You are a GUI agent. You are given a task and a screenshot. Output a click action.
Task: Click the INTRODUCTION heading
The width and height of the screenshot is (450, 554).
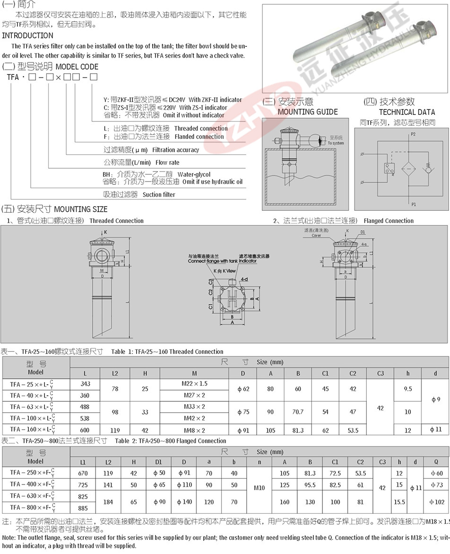[28, 35]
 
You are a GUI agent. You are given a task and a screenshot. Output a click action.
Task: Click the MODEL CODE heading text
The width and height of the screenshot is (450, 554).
[77, 67]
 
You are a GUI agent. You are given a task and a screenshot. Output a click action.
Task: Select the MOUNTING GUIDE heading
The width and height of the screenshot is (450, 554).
[308, 112]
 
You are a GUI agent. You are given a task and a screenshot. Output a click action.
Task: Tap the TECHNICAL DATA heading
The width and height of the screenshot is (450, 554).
[407, 112]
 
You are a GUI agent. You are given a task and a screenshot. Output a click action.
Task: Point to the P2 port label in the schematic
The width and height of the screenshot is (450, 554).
[413, 135]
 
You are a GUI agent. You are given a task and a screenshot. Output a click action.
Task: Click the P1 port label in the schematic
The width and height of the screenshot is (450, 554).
[413, 205]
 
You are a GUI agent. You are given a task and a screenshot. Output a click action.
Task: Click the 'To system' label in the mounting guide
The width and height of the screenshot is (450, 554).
[336, 143]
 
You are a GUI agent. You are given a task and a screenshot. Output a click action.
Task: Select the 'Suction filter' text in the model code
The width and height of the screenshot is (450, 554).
[159, 194]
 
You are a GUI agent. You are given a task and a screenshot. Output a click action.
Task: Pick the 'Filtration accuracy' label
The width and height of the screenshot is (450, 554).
[175, 150]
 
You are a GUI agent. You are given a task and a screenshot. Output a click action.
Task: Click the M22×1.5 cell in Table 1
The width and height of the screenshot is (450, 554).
[194, 384]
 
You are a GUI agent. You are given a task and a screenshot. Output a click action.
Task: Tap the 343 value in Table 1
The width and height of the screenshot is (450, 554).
[85, 384]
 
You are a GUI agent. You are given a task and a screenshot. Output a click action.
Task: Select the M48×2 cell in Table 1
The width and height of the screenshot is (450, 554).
[194, 431]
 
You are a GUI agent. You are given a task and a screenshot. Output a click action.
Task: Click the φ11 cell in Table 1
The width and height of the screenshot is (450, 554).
[436, 430]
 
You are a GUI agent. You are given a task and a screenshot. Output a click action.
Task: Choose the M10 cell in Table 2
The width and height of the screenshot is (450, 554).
[259, 487]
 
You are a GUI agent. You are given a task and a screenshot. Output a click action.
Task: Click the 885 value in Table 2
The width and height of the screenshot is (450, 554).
[83, 509]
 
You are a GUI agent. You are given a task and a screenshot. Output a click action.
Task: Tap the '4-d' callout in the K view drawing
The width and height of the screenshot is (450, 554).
[244, 279]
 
